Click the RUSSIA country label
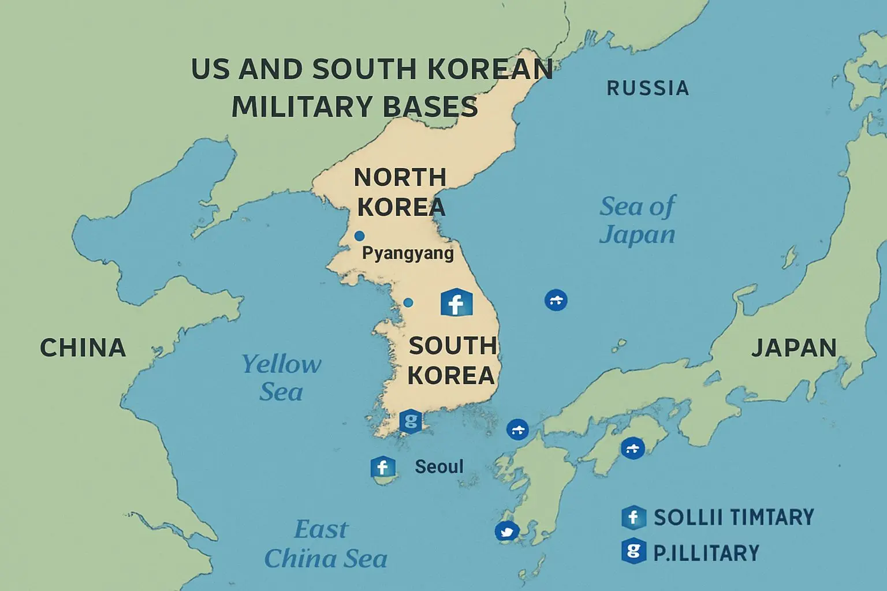647,88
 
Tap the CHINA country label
83,347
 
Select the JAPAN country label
794,347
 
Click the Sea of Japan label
637,220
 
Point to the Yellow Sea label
281,377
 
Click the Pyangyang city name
408,253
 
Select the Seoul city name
439,466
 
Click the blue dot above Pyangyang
359,235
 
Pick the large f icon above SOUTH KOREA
456,302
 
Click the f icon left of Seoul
382,467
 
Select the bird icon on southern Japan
507,532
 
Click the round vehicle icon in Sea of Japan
556,300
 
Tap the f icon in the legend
633,518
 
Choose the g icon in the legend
633,552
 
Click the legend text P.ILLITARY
706,553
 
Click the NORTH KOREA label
401,192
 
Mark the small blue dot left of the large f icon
408,302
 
